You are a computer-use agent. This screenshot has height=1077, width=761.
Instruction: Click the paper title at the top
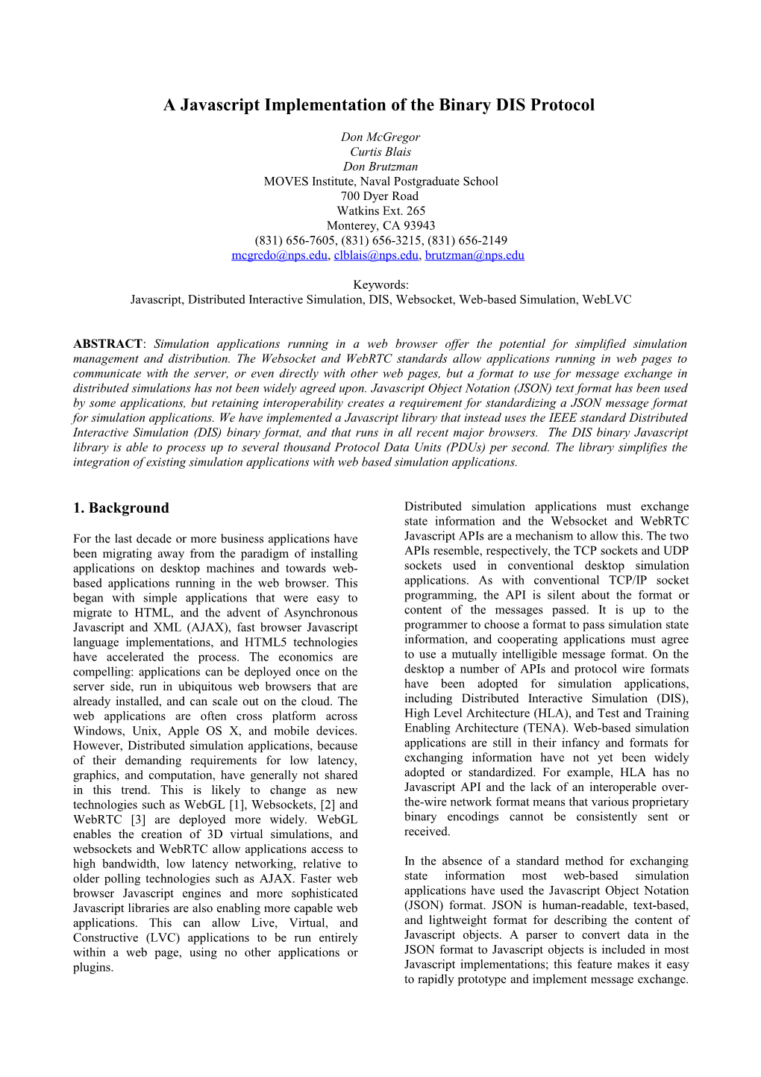379,105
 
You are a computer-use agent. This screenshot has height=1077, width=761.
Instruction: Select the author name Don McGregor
380,137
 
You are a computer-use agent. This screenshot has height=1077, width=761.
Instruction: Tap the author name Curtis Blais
380,152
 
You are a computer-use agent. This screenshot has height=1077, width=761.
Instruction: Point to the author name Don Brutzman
380,167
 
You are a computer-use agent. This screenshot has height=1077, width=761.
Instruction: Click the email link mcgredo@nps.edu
279,255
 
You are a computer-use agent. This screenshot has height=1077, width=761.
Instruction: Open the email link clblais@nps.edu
376,255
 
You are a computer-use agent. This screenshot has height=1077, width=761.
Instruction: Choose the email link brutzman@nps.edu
475,255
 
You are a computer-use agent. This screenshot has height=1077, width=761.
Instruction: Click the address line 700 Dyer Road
380,196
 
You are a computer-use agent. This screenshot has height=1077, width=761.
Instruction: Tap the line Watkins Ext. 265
380,211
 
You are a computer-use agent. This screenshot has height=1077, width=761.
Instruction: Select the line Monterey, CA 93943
380,226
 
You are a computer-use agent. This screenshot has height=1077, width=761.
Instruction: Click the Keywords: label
380,285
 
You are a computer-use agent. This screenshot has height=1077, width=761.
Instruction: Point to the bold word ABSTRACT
107,344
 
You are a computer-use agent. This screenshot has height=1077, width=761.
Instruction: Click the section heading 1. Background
121,508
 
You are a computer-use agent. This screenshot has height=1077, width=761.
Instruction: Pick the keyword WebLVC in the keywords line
607,300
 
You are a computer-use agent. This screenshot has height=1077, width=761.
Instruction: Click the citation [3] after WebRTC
138,820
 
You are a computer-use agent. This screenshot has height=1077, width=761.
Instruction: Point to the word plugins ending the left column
93,968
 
